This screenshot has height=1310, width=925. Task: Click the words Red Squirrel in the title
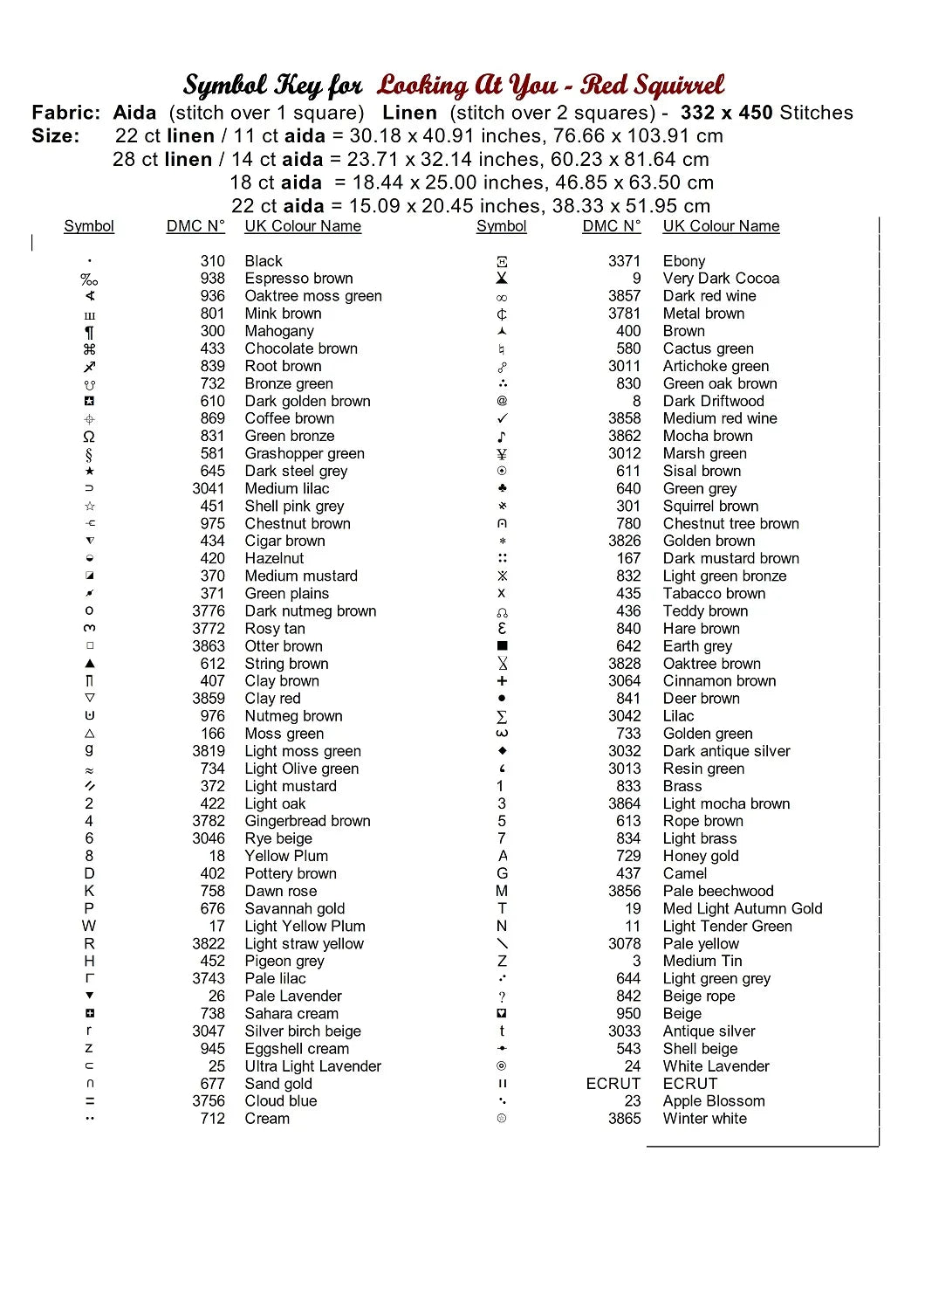[x=652, y=86]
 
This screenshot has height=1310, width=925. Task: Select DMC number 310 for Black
[x=212, y=261]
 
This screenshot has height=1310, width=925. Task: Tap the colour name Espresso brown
[x=298, y=279]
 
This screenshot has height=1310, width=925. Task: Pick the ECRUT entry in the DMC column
[x=613, y=1083]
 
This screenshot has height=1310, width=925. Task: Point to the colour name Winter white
[x=704, y=1118]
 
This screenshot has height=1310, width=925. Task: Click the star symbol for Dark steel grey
[x=89, y=471]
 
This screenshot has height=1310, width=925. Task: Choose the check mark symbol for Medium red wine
[x=502, y=418]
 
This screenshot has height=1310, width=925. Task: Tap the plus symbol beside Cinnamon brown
[x=502, y=680]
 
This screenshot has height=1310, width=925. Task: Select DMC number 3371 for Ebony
[x=624, y=261]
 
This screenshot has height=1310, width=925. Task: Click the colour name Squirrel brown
[x=710, y=506]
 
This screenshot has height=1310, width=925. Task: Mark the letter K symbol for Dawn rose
[x=89, y=891]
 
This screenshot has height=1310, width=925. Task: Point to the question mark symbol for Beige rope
[x=502, y=996]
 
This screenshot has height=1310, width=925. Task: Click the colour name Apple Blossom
[x=713, y=1100]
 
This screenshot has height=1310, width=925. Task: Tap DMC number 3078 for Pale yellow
[x=624, y=943]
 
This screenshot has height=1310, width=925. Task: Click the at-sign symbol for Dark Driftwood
[x=502, y=401]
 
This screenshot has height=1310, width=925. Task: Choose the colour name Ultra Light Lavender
[x=312, y=1065]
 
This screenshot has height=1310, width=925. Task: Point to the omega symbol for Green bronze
[x=89, y=436]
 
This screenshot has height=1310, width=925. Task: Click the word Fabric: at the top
[x=66, y=113]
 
